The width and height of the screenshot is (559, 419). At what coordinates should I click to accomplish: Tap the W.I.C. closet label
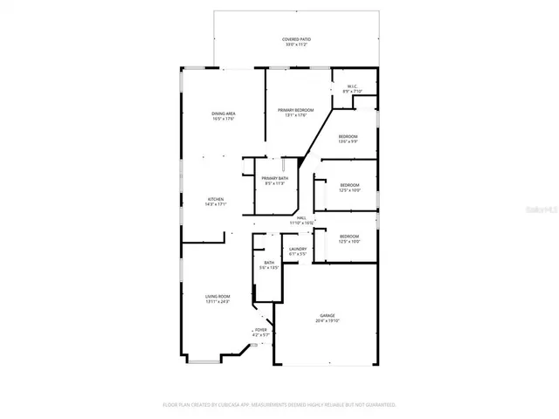coord(351,86)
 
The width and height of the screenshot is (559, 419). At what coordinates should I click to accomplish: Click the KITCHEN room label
coord(216,199)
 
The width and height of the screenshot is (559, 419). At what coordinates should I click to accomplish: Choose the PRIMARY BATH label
coord(275,178)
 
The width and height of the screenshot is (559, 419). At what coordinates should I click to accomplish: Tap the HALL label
coord(301,218)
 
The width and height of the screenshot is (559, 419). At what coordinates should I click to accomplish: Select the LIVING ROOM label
coord(217,296)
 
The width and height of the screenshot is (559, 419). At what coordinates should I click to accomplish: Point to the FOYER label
coord(260,329)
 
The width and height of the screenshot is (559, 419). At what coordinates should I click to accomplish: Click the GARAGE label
coord(327,315)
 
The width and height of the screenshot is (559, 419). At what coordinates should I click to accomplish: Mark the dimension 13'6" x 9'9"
coord(348,141)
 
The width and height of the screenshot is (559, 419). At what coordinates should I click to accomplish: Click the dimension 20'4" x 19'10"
coord(327,320)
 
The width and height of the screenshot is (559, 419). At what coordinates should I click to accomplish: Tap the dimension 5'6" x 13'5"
coord(270,268)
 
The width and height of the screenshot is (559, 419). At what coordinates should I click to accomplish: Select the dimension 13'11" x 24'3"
coord(217,301)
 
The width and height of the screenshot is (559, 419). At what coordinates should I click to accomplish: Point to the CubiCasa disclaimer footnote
coord(279,405)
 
